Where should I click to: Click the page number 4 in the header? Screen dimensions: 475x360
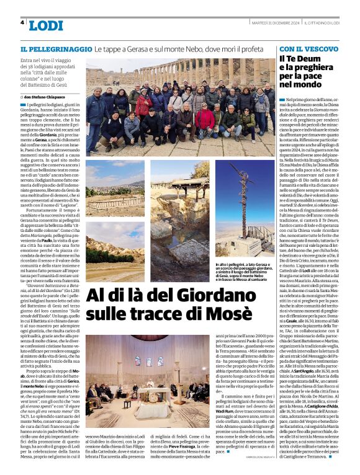[22, 22]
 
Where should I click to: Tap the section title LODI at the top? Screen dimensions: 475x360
[46, 25]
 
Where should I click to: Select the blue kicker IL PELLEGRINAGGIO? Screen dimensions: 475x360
[56, 48]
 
